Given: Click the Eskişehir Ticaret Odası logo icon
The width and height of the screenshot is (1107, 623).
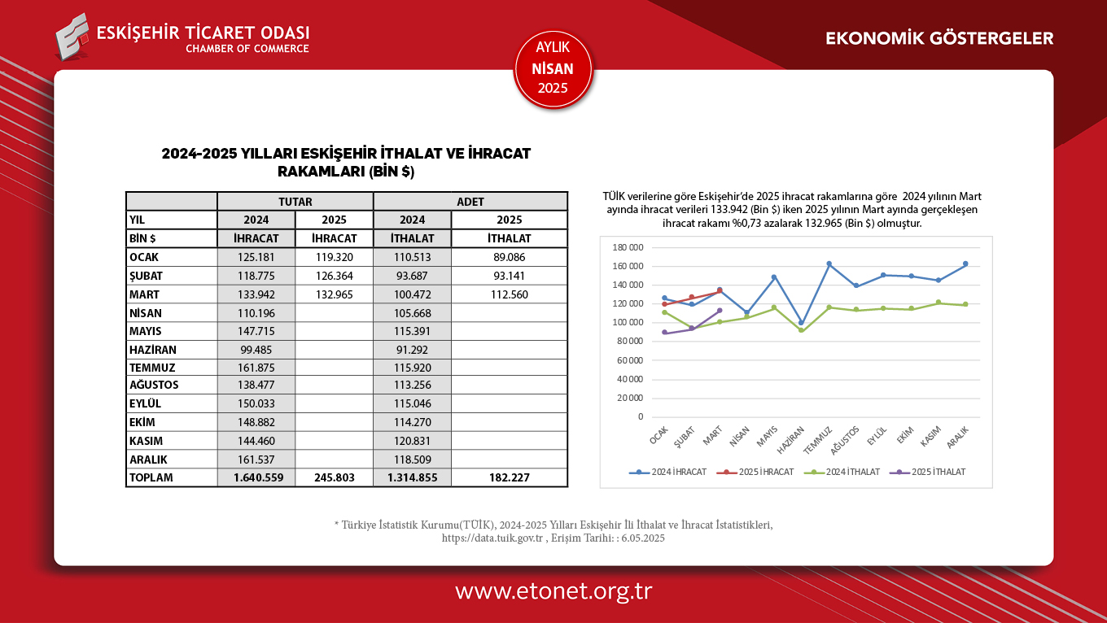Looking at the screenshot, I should click(72, 37).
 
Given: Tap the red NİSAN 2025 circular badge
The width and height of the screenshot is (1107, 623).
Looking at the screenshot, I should click(553, 69).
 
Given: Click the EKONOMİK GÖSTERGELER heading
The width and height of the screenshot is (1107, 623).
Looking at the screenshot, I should click(939, 38).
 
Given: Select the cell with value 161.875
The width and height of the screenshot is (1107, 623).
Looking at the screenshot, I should click(256, 367).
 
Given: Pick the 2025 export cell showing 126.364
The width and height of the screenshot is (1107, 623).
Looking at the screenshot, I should click(334, 276).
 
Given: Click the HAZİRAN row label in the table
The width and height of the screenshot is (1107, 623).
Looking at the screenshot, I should click(153, 349).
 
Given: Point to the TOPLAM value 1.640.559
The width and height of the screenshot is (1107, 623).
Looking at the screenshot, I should click(256, 477).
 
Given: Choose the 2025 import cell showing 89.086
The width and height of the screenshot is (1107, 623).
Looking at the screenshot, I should click(509, 257).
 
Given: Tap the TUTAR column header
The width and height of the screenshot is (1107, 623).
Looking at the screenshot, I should click(295, 202).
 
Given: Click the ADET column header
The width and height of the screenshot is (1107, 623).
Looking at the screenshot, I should click(470, 202).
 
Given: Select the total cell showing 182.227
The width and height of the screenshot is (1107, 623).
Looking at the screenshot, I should click(509, 477).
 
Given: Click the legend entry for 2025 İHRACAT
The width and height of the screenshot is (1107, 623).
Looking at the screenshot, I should click(756, 472).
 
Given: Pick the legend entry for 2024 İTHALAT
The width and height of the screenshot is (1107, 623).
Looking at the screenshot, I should click(842, 472).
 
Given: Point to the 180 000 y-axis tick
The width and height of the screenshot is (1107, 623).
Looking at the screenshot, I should click(627, 247).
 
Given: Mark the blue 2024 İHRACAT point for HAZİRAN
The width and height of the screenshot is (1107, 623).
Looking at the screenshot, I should click(801, 323).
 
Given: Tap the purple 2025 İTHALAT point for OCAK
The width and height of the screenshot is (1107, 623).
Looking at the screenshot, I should click(664, 333).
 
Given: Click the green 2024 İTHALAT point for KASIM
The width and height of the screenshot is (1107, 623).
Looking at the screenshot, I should click(938, 303).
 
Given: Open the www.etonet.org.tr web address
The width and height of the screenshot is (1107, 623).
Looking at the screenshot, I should click(553, 591).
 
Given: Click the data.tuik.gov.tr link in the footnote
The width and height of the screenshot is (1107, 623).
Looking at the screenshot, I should click(492, 538).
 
